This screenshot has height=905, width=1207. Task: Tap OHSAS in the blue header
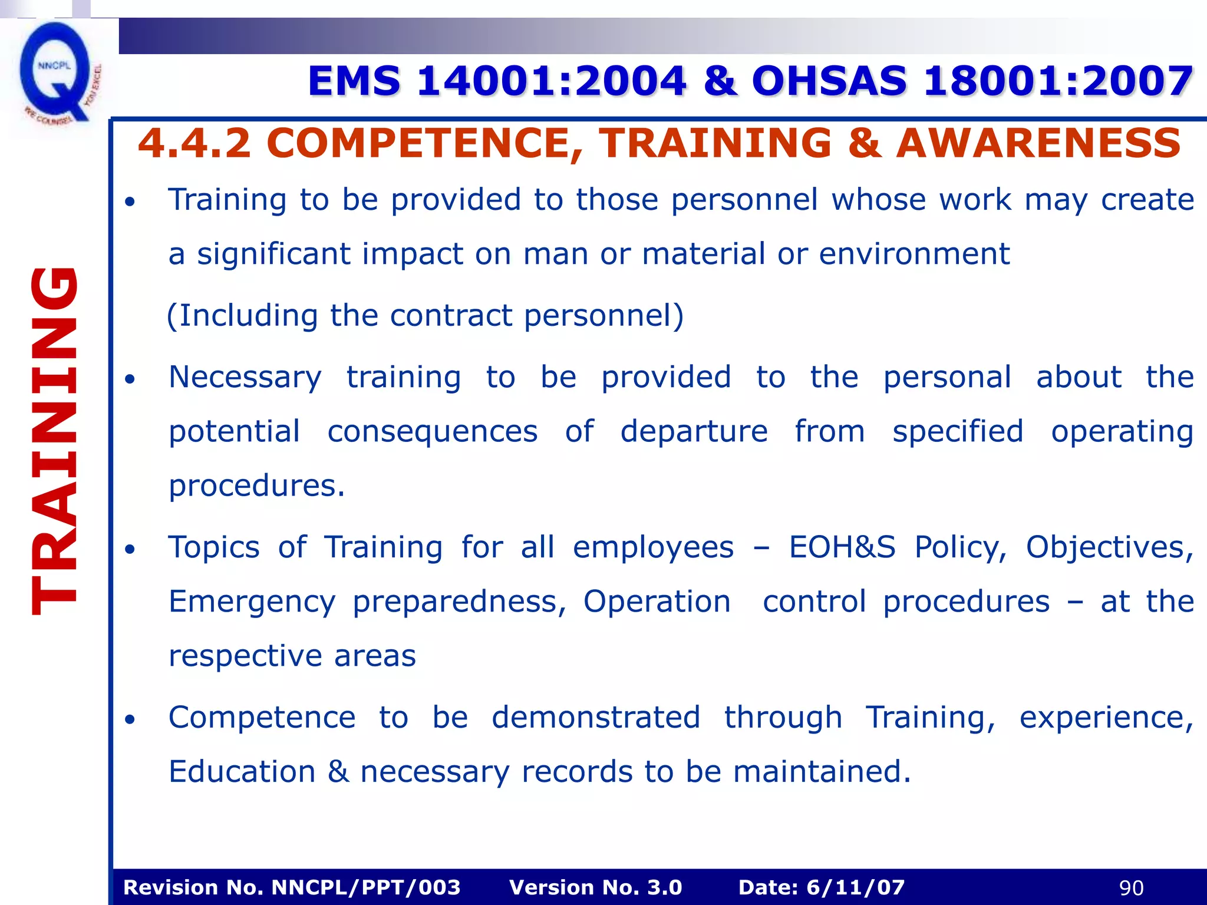[x=829, y=81]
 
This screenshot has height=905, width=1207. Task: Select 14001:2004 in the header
[x=552, y=81]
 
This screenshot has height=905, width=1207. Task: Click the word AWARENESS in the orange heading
[x=1038, y=143]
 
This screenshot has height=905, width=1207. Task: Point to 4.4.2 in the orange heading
[x=194, y=143]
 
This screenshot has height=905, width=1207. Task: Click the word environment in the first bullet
[x=914, y=254]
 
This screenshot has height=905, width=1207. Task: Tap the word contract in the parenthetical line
[x=451, y=315]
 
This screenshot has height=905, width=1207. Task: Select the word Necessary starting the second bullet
[x=245, y=377]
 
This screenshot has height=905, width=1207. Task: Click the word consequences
[x=433, y=431]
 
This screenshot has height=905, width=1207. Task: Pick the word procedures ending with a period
[x=256, y=486]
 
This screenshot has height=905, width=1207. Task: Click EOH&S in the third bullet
[x=842, y=547]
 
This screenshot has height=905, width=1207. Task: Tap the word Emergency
[x=252, y=602]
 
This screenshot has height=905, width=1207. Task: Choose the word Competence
[x=262, y=717]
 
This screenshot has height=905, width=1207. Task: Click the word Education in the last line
[x=242, y=771]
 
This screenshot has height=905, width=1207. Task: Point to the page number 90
[x=1131, y=887]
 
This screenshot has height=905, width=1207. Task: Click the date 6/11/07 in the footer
[x=855, y=887]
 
